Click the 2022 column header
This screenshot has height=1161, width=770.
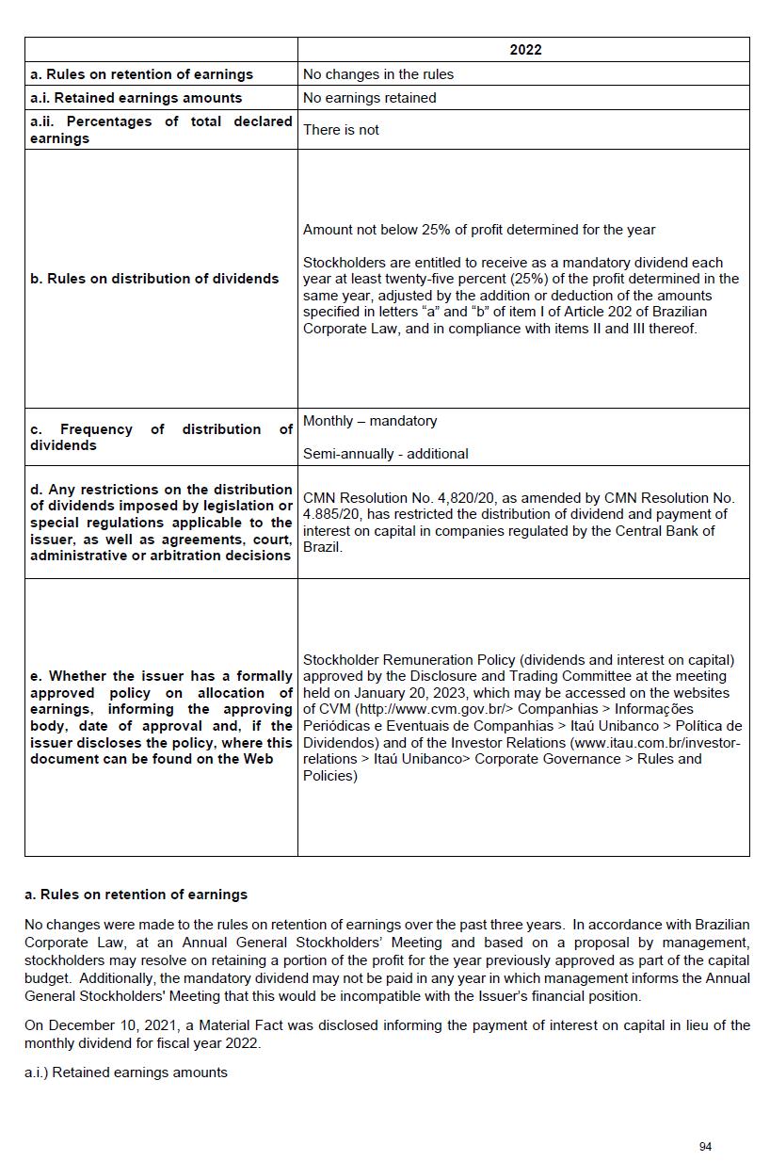(x=524, y=50)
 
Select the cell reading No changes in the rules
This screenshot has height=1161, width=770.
(x=377, y=74)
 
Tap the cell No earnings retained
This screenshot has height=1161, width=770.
(x=369, y=98)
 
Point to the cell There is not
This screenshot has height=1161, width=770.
(x=341, y=130)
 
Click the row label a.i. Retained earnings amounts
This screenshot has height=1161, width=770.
(x=136, y=98)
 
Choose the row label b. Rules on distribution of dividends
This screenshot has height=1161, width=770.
(x=154, y=279)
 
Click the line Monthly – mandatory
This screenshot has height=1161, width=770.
(x=370, y=421)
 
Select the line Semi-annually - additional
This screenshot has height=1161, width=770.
(x=385, y=454)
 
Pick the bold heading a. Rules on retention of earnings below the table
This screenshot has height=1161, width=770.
(x=136, y=895)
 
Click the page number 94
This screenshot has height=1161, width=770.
(x=705, y=1146)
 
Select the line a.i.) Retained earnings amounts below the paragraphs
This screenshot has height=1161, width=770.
(x=126, y=1072)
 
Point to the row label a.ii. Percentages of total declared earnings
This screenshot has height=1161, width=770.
(x=161, y=130)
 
